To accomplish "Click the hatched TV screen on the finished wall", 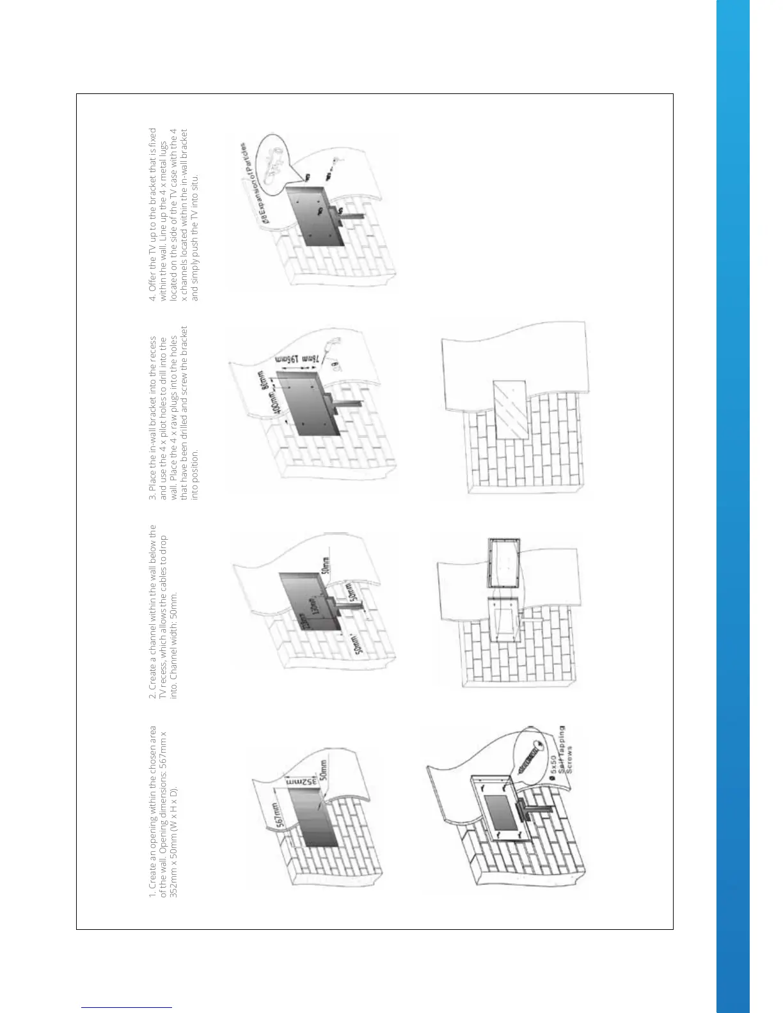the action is (x=509, y=409).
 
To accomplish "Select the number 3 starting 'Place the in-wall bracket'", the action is (x=152, y=498).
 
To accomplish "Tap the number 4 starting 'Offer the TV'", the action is (x=152, y=298).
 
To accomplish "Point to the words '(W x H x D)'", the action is (x=174, y=803).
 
